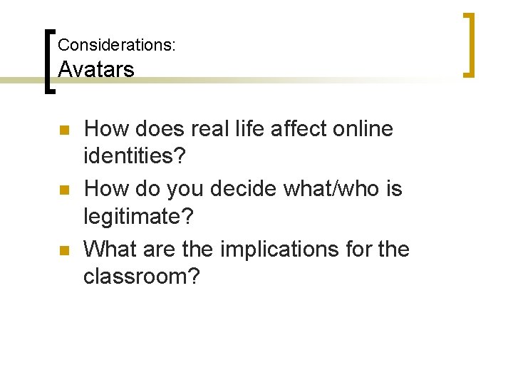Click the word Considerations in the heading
coord(115,45)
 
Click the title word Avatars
coord(95,69)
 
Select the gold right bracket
coord(469,44)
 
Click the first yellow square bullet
coord(63,131)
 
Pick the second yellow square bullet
coord(63,191)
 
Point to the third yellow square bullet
coord(63,251)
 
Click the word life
coord(244,129)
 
